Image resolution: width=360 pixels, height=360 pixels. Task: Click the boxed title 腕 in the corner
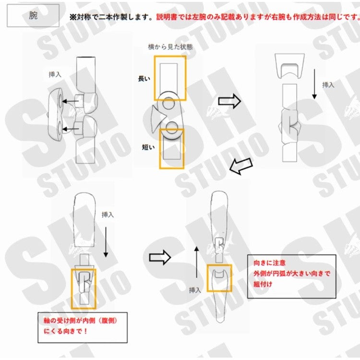point(33,15)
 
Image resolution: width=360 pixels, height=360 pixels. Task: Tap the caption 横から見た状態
point(170,47)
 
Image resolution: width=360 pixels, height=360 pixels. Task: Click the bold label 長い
point(144,79)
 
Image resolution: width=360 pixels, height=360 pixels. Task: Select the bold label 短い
point(148,147)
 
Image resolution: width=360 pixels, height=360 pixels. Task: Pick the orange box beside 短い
point(160,149)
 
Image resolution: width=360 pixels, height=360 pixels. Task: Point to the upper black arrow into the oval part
point(70,101)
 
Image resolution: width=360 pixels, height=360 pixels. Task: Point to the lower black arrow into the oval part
point(71,129)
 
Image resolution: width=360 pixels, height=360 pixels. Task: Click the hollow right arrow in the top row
point(229,101)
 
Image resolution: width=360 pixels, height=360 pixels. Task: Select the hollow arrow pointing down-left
point(241,167)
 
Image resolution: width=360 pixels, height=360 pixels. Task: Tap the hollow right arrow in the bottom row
point(160,257)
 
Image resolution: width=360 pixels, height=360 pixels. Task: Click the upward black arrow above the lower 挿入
point(196,262)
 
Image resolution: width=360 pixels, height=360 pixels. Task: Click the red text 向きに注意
point(270,263)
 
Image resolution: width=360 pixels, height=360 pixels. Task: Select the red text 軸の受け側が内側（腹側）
point(81,320)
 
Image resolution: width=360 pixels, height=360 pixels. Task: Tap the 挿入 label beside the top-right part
point(328,85)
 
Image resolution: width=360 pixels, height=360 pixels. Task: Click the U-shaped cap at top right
point(290,66)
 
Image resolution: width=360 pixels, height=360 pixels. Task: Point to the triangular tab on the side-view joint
point(158,118)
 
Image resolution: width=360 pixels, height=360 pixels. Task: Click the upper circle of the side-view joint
point(169,103)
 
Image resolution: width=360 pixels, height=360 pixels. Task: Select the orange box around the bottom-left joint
point(72,288)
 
